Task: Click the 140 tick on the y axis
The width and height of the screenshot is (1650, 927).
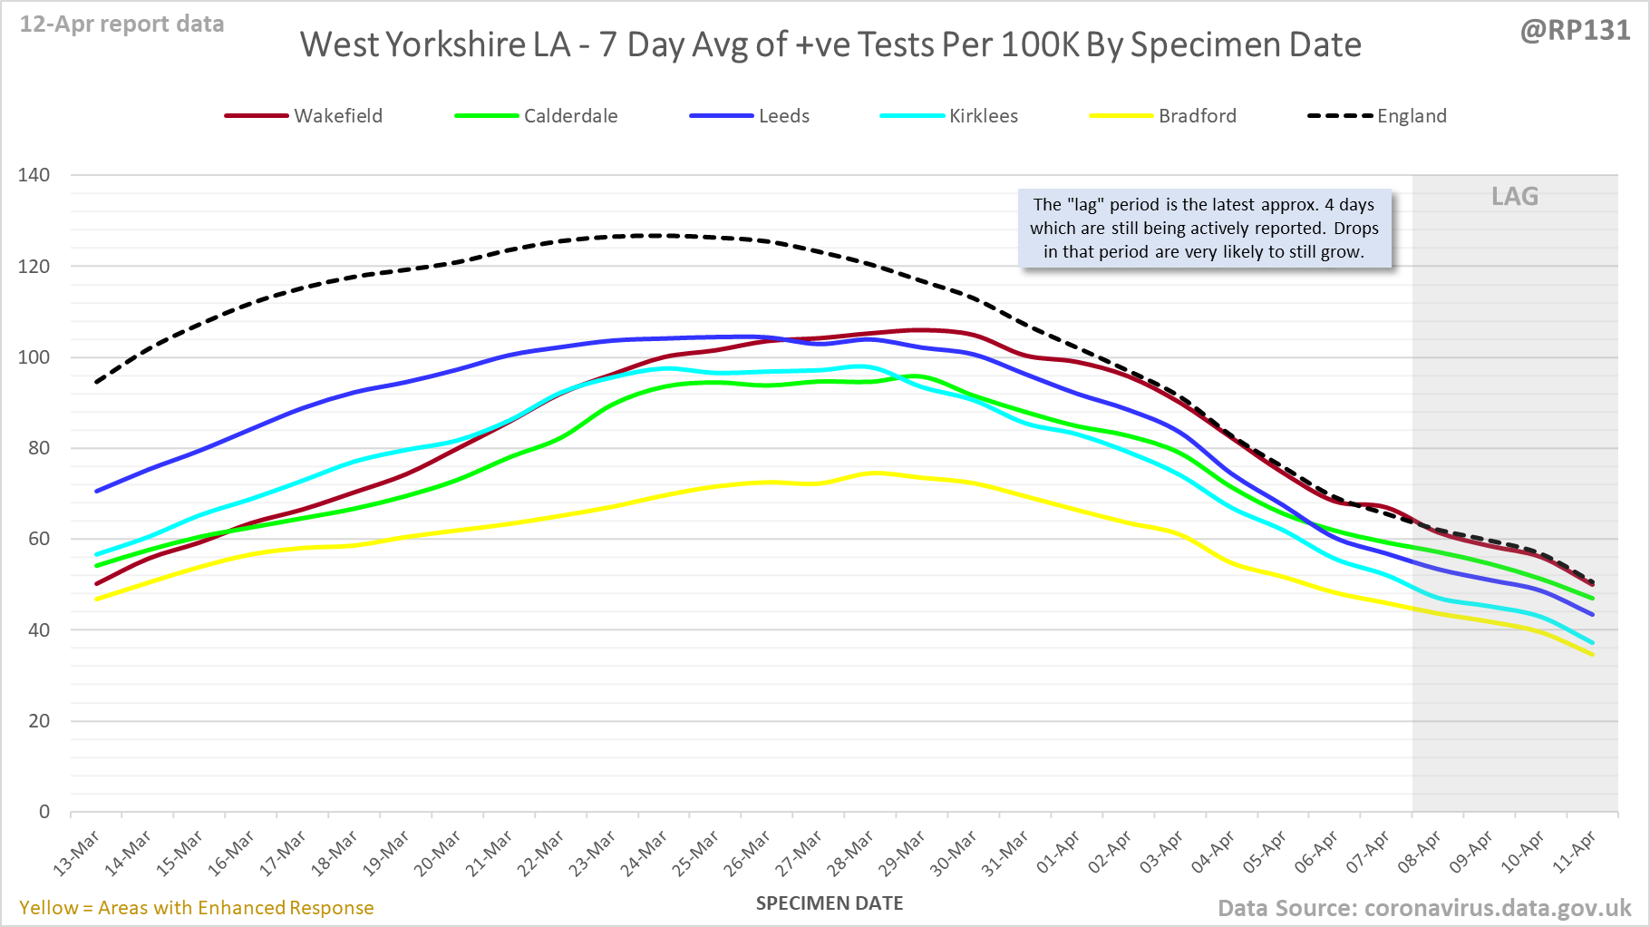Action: click(x=34, y=175)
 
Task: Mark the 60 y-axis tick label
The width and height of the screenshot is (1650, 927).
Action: click(x=39, y=539)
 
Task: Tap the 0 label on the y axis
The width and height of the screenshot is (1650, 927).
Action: click(x=44, y=812)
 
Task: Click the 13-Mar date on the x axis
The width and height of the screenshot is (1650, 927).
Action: click(x=77, y=854)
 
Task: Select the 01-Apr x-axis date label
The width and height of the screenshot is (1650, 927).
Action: click(x=1059, y=853)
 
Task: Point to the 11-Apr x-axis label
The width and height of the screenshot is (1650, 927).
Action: click(x=1575, y=853)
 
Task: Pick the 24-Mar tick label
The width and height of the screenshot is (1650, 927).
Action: click(x=645, y=854)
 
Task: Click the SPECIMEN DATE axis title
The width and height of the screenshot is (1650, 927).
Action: click(x=830, y=903)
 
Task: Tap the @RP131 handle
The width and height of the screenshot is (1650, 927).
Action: click(x=1575, y=30)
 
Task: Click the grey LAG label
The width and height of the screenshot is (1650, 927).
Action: click(x=1515, y=196)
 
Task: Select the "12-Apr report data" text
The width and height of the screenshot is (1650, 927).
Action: click(x=122, y=24)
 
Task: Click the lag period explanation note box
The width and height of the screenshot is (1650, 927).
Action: click(x=1204, y=229)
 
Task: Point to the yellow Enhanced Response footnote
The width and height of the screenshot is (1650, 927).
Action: click(x=197, y=908)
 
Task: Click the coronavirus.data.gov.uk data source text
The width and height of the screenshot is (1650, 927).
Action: click(x=1423, y=908)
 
